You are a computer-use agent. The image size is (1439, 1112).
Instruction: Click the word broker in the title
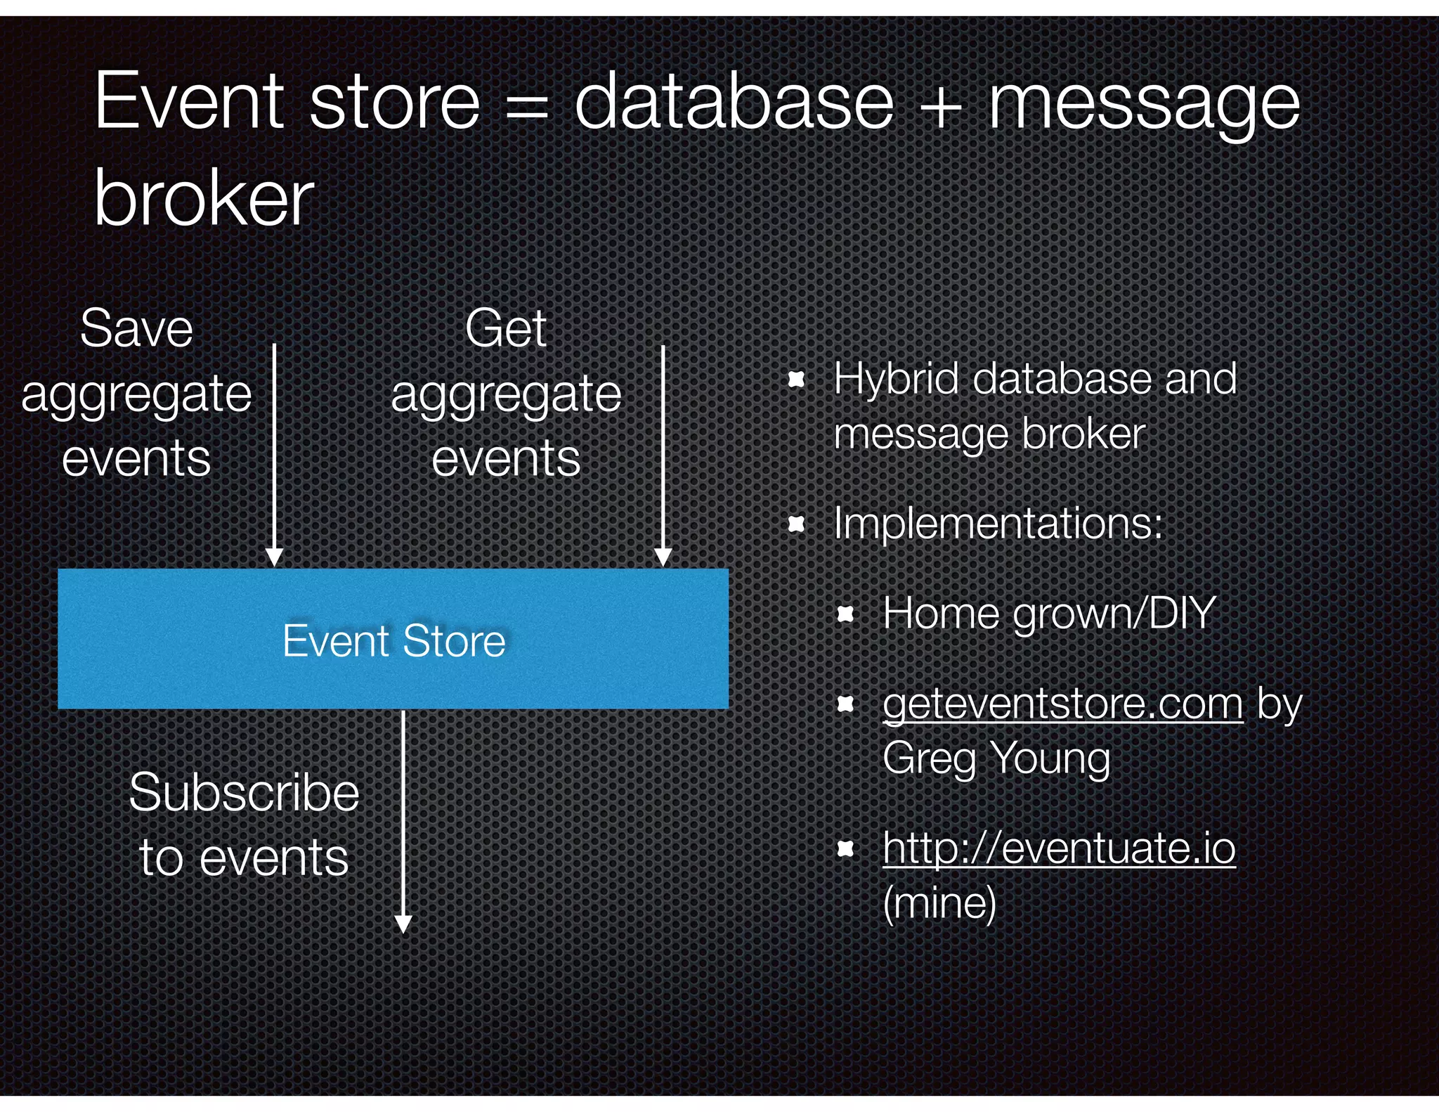[x=204, y=199]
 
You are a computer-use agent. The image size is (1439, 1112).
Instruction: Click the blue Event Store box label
[x=393, y=640]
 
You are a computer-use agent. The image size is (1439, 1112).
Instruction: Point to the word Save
[x=136, y=328]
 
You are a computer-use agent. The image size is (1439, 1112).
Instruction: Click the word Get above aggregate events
[x=505, y=328]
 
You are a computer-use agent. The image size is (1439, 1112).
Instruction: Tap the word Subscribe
[x=244, y=792]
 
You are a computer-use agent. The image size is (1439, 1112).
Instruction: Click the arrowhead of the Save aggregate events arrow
[x=275, y=557]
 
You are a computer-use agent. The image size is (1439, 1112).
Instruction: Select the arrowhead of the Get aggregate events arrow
[x=663, y=557]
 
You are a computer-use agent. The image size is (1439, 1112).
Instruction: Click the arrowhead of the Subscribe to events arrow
[x=403, y=924]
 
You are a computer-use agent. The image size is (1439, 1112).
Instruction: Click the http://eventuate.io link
[x=1059, y=848]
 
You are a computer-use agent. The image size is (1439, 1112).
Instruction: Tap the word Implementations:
[x=998, y=524]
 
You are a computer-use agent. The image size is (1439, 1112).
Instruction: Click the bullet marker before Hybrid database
[x=796, y=380]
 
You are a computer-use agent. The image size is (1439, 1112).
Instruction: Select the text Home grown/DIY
[x=1048, y=613]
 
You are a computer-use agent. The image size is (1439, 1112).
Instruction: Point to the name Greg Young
[x=996, y=758]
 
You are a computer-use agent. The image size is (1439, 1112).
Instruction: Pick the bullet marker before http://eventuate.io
[x=846, y=850]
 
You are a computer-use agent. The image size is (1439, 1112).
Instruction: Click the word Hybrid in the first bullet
[x=894, y=380]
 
